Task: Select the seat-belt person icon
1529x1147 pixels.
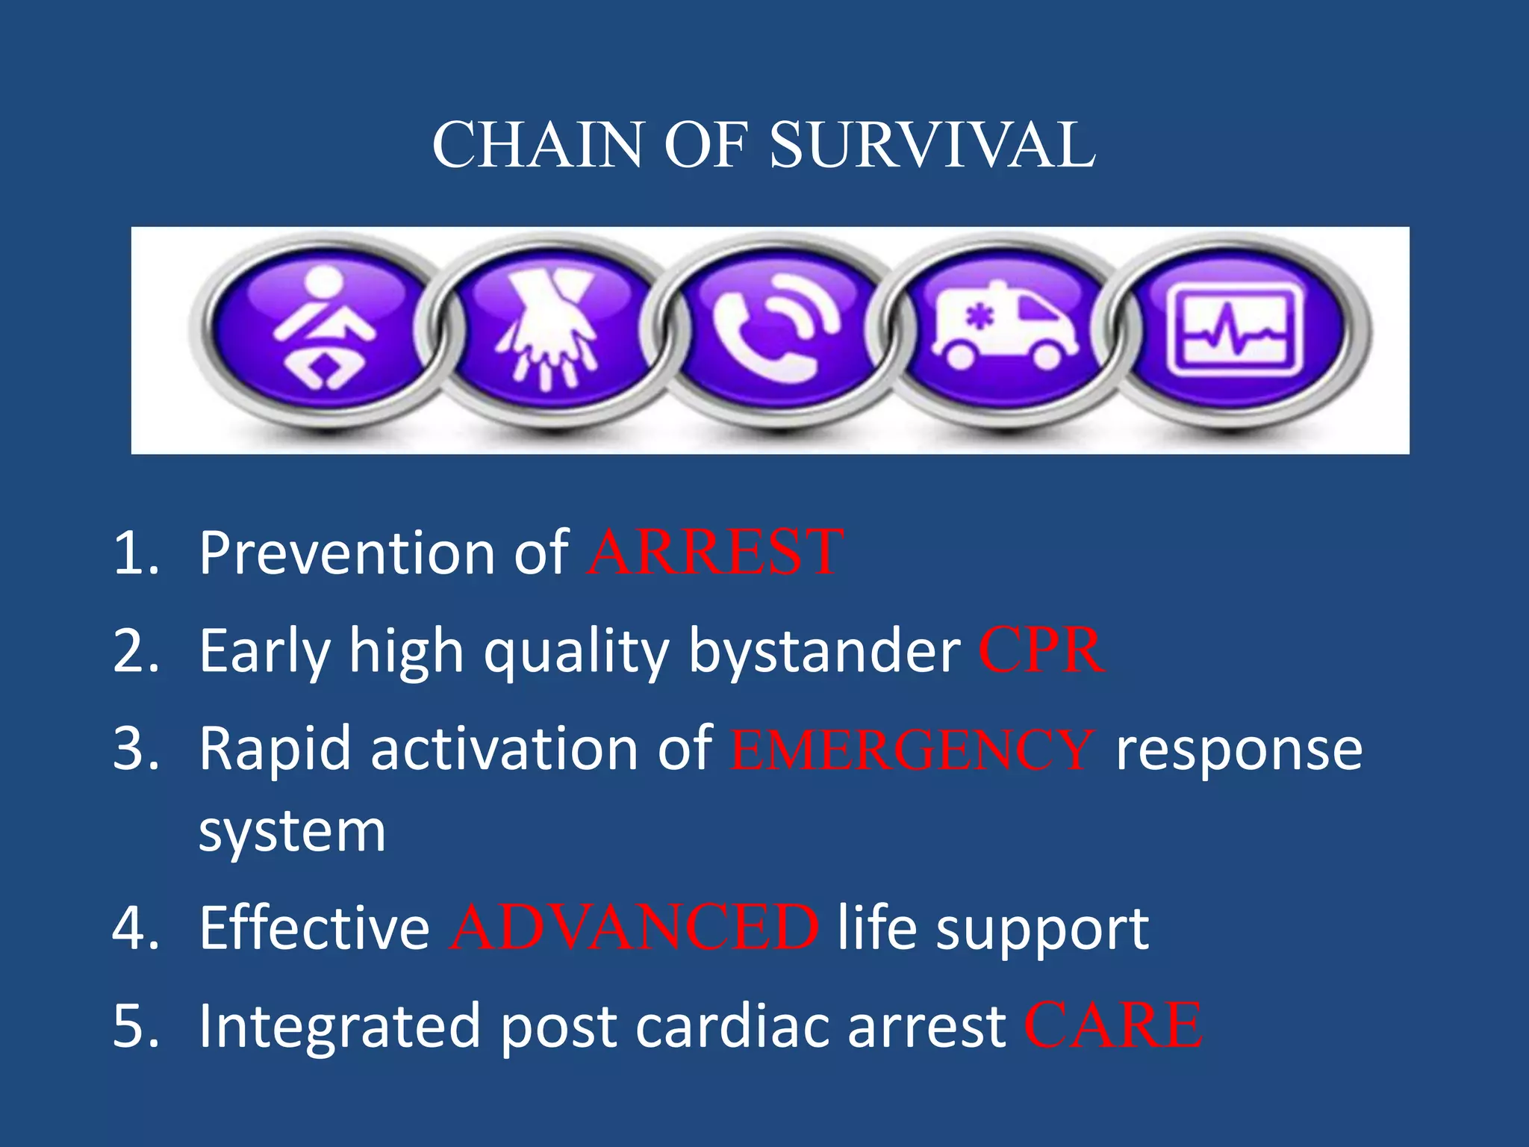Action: pos(323,329)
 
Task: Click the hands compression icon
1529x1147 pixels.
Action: pos(549,329)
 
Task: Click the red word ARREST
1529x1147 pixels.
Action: pos(715,553)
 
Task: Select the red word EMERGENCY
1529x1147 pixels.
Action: pos(912,750)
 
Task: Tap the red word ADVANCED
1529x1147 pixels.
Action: pos(634,928)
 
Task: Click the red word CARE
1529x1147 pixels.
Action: pos(1112,1026)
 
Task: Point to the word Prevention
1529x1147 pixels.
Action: pos(346,553)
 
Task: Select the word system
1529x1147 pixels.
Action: pos(292,832)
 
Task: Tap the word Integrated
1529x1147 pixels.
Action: pos(339,1028)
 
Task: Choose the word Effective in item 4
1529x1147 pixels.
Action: pos(314,928)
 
